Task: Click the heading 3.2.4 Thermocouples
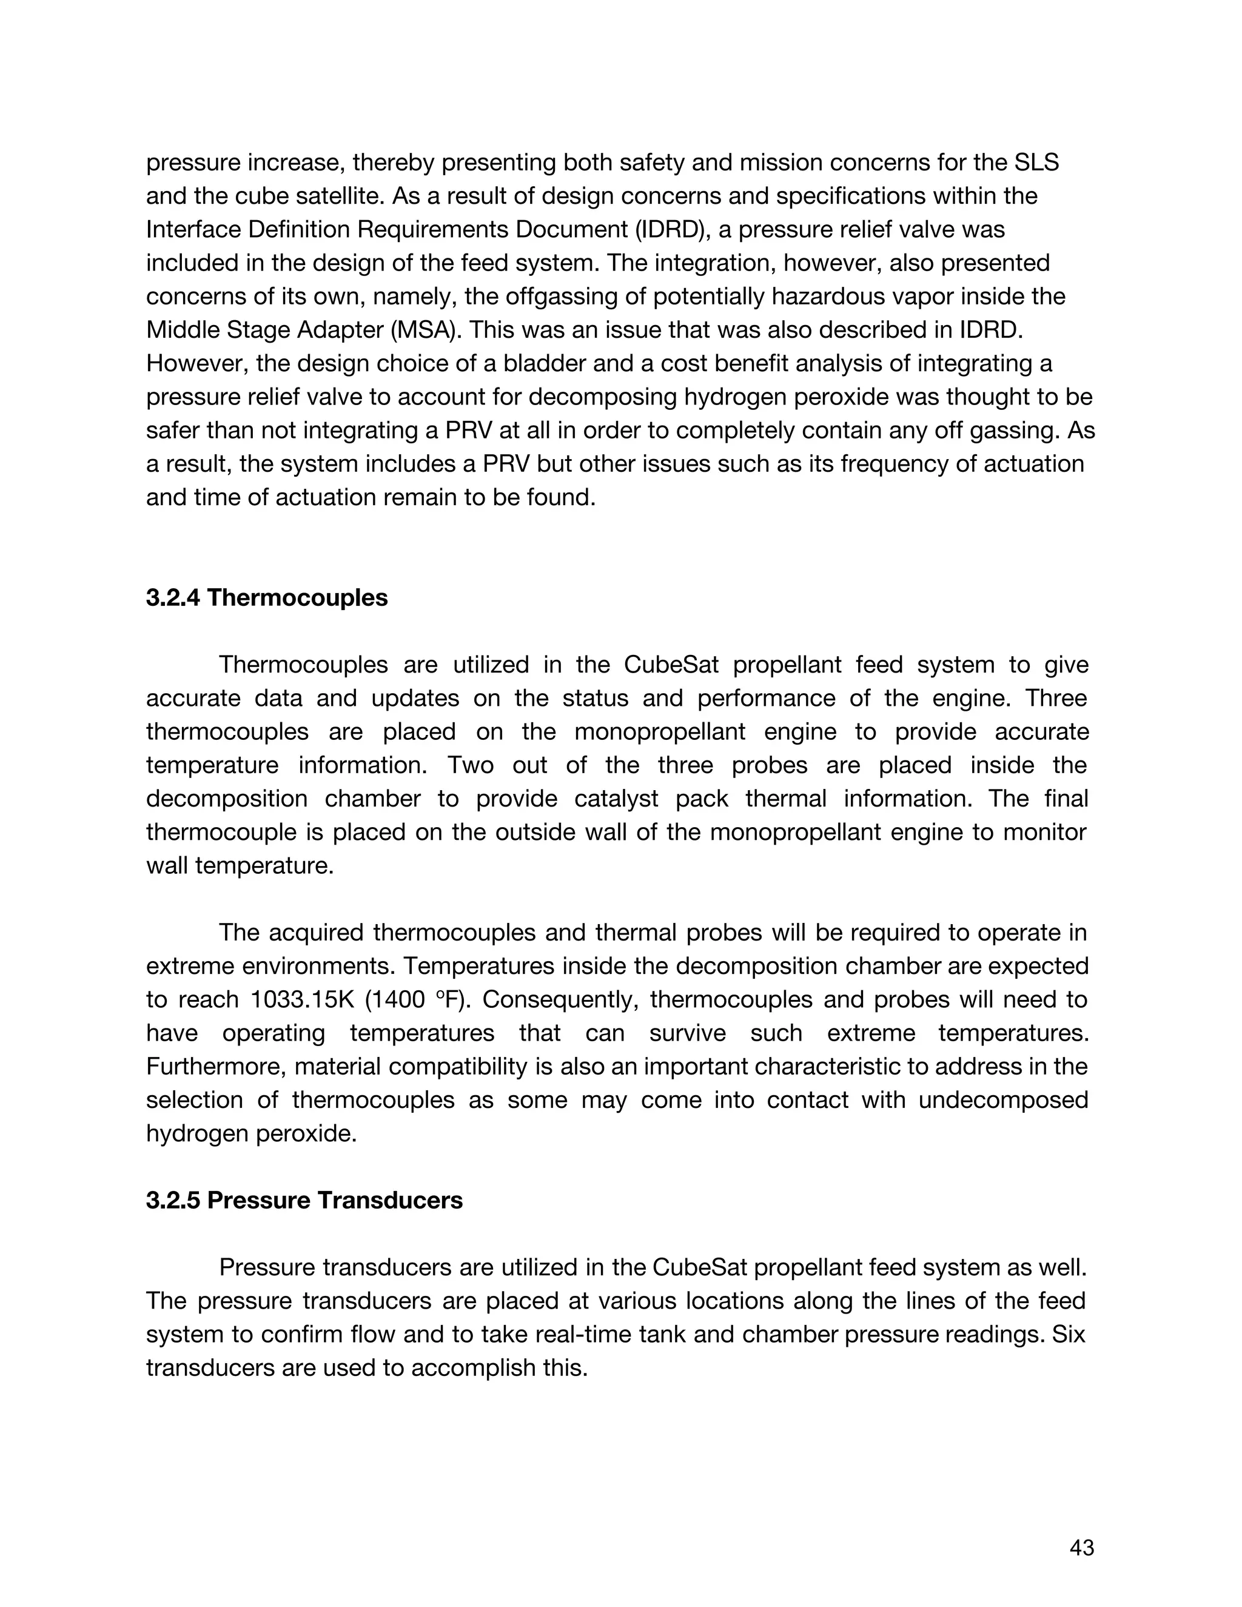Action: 266,597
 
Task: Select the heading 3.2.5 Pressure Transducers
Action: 304,1200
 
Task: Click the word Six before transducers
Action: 1069,1334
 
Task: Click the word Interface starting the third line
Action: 193,230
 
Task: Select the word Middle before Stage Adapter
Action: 183,330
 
